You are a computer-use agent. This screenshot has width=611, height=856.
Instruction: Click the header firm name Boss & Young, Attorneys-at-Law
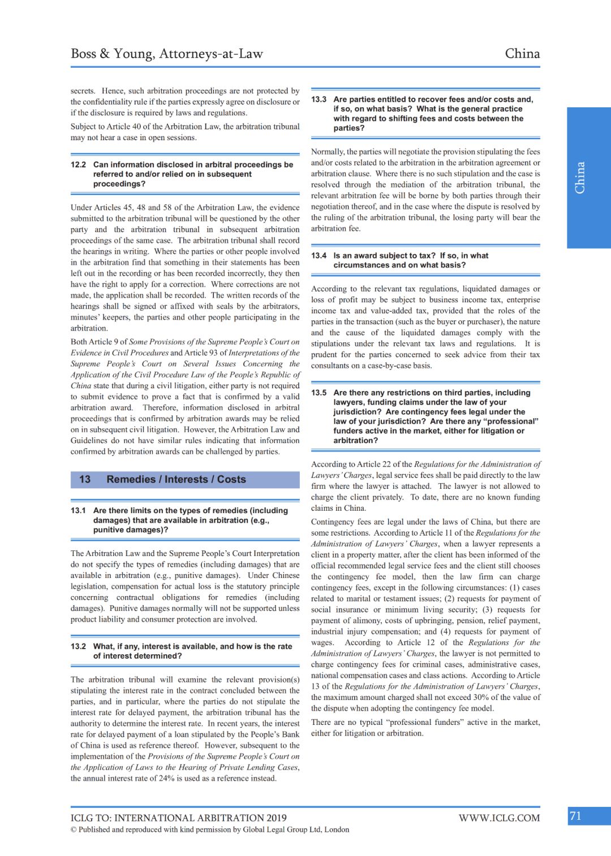coord(167,54)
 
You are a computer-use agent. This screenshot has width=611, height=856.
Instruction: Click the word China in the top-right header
coord(522,54)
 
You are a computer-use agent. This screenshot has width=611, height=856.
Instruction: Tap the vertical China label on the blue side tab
coord(580,178)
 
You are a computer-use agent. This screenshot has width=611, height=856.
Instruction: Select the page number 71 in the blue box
coord(576,816)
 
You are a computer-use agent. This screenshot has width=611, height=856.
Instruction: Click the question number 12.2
coord(78,164)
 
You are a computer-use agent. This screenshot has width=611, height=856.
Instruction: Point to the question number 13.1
coord(78,510)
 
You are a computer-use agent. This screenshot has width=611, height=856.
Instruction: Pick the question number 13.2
coord(78,646)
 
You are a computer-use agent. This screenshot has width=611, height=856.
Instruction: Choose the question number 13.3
coord(319,99)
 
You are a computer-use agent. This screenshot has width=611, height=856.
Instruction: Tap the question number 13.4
coord(319,255)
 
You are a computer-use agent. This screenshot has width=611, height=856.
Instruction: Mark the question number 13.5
coord(319,393)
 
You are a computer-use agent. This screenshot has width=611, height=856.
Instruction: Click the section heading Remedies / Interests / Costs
coord(176,479)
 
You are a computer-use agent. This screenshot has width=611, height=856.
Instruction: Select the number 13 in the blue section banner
coord(85,479)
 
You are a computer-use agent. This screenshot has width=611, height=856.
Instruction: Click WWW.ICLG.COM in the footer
coord(499,818)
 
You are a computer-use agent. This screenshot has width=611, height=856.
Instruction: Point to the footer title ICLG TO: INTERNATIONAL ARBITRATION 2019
coord(178,818)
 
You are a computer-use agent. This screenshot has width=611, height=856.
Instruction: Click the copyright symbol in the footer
coord(74,829)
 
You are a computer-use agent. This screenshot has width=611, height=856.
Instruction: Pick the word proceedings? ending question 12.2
coord(119,184)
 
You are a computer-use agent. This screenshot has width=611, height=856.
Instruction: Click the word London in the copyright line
coord(337,829)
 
